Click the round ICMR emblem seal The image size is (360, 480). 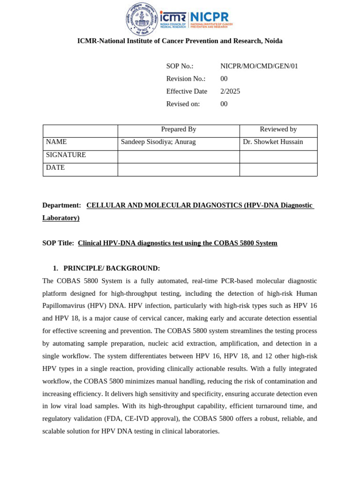[142, 19]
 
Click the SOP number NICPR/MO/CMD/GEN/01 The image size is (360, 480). [259, 66]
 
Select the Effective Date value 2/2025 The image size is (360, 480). [230, 91]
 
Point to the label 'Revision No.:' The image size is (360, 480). [186, 79]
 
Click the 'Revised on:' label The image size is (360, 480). [183, 104]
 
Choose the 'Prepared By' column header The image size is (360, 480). [179, 129]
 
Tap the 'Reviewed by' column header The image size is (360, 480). [278, 129]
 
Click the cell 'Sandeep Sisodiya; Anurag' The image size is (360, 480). [158, 142]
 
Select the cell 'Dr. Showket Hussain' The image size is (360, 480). [273, 142]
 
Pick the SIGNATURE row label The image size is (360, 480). [66, 155]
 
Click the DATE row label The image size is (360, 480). [55, 167]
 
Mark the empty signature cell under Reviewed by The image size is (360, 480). [278, 157]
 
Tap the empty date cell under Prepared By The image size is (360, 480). [179, 170]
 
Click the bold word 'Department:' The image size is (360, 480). [61, 205]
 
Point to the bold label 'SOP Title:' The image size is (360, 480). [58, 243]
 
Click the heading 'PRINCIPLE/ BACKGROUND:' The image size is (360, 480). [112, 269]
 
